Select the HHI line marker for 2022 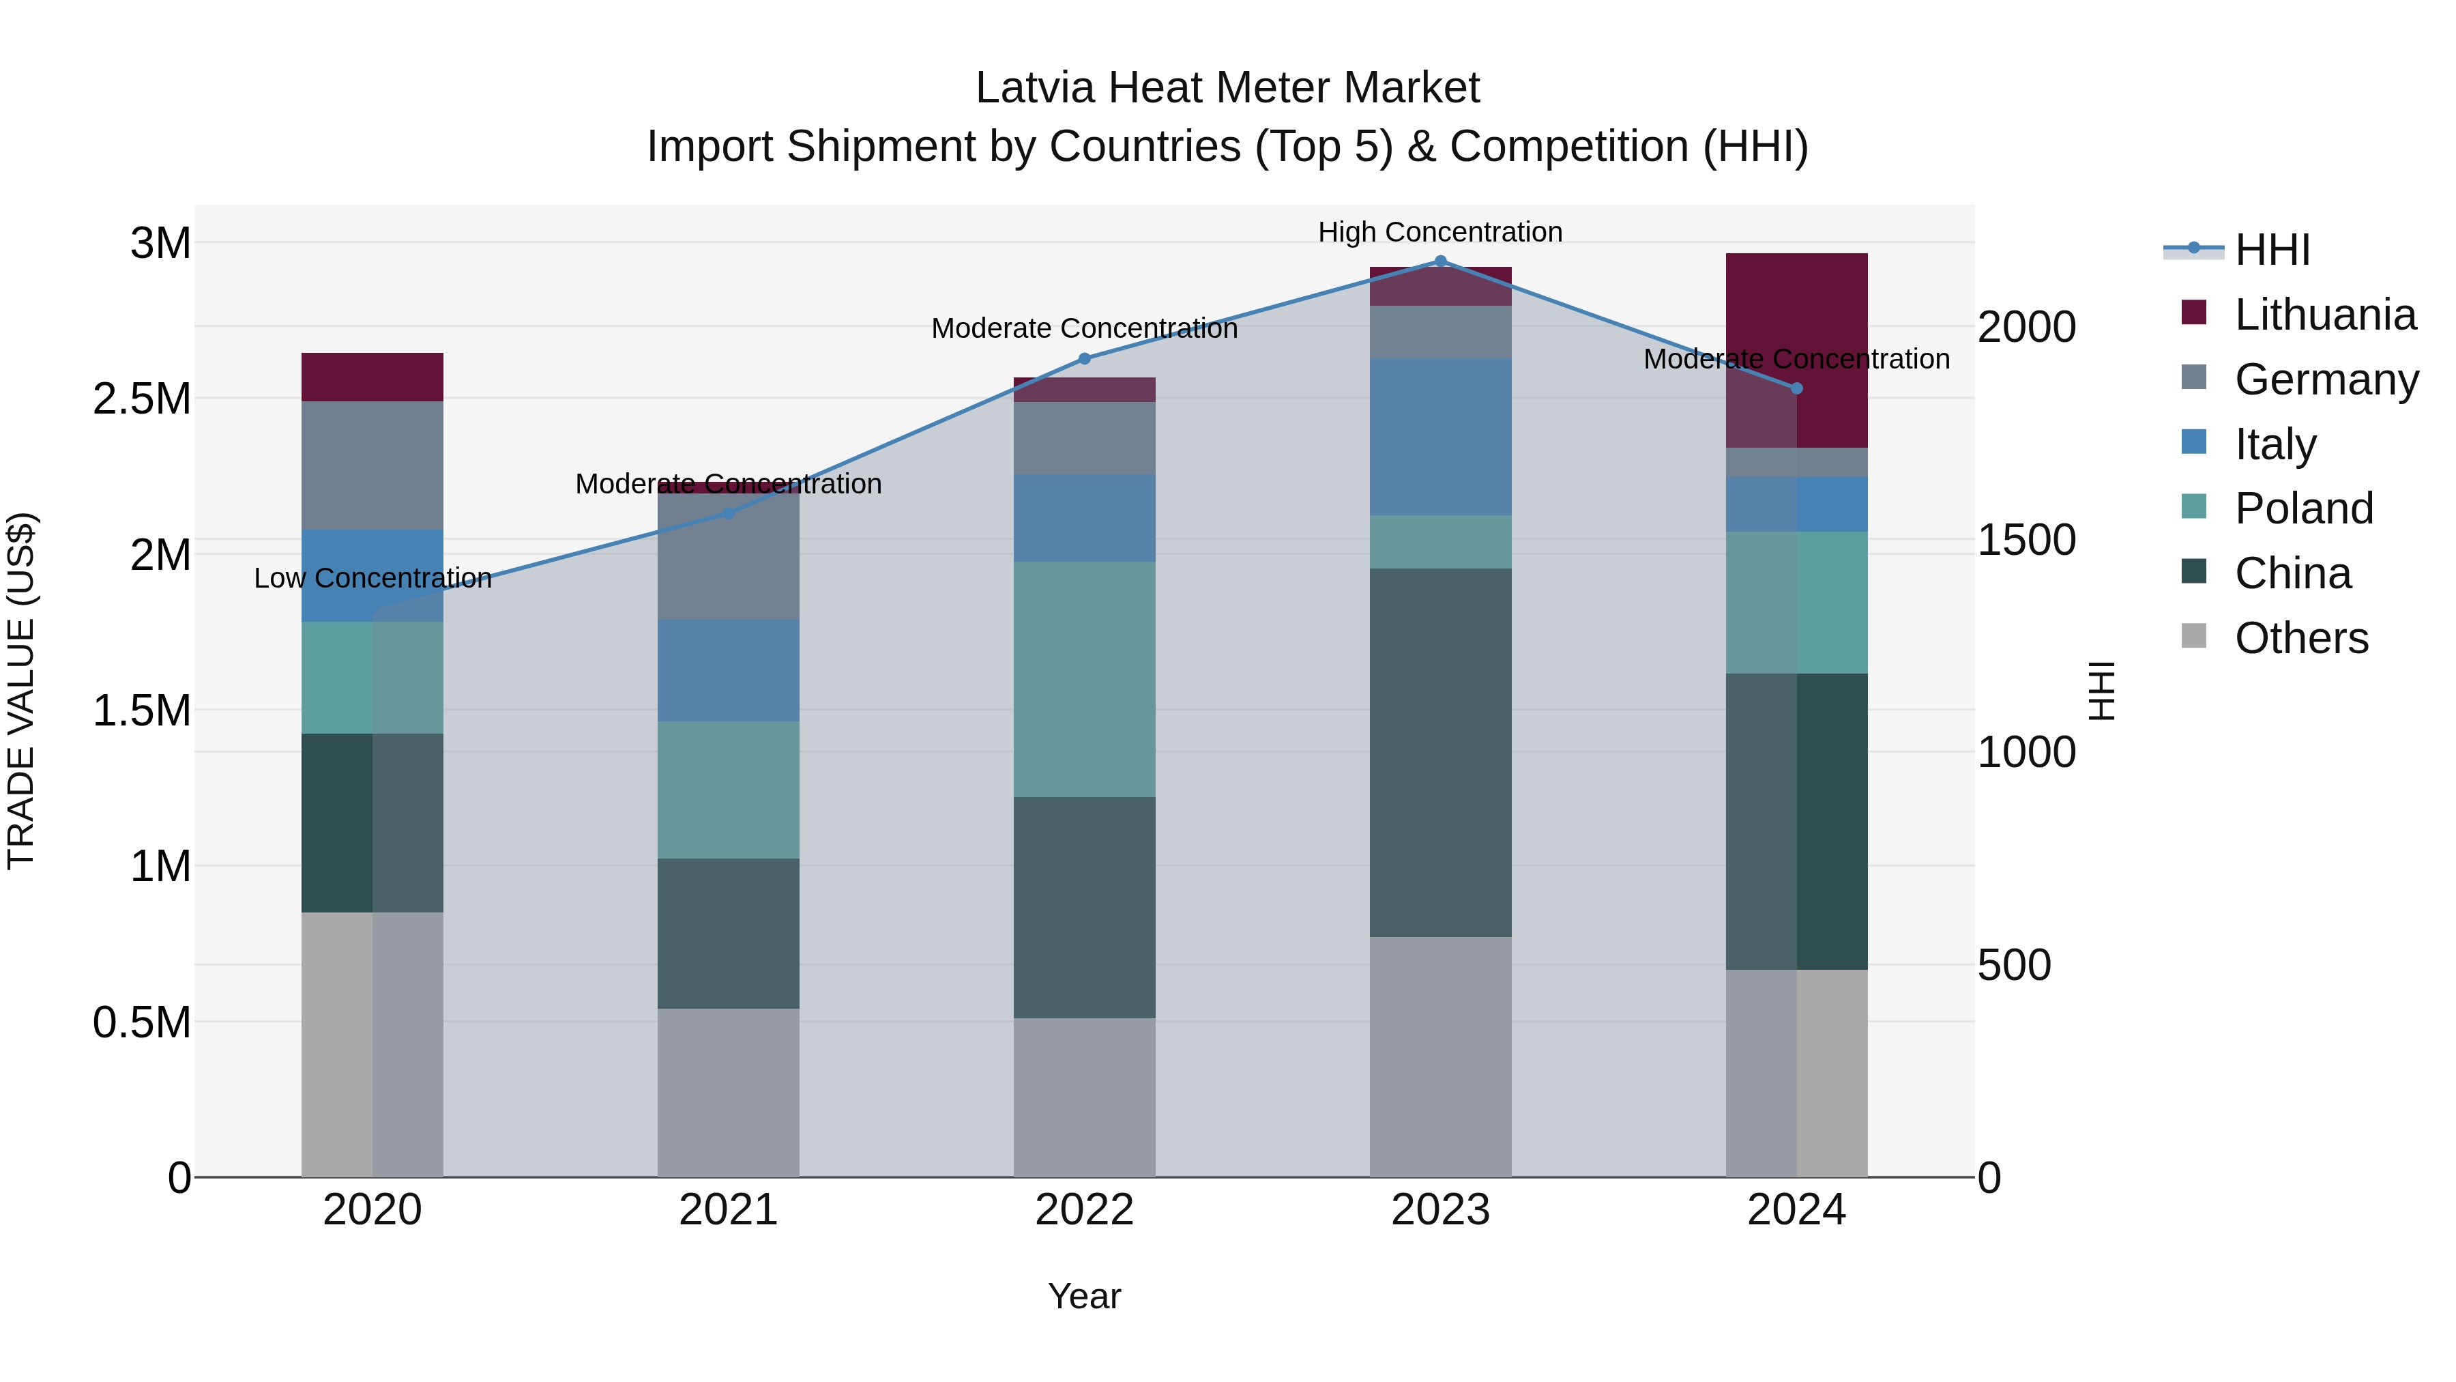click(1084, 358)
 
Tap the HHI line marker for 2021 click(729, 513)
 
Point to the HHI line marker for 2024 click(1796, 388)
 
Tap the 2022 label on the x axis click(1084, 1210)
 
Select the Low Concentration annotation click(372, 578)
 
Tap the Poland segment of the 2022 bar click(1084, 679)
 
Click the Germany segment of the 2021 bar click(729, 558)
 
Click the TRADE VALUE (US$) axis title click(21, 691)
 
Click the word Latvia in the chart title click(1036, 88)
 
